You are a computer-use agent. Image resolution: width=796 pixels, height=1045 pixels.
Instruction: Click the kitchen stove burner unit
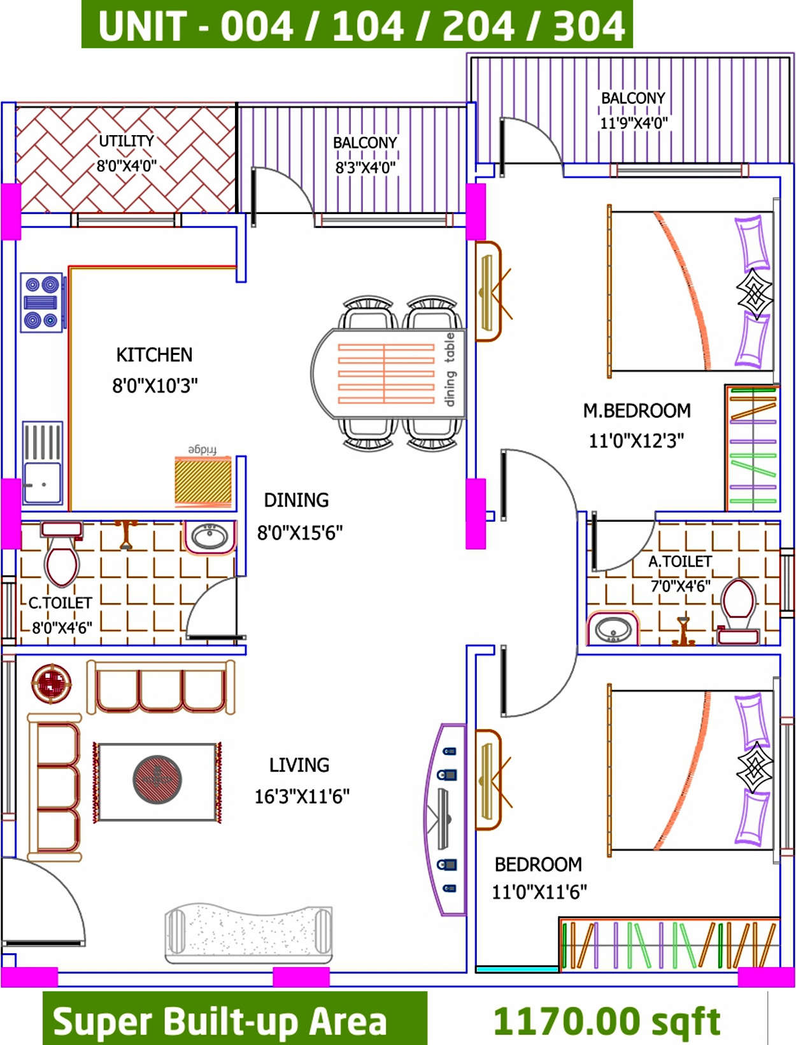pyautogui.click(x=41, y=302)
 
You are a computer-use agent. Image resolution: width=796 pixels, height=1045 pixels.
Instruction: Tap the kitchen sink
pyautogui.click(x=42, y=462)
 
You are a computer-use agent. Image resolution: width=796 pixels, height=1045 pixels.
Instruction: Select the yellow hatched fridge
pyautogui.click(x=203, y=480)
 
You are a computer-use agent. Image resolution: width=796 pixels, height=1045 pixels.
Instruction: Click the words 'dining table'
pyautogui.click(x=450, y=370)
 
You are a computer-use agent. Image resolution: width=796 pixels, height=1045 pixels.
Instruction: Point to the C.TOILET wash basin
pyautogui.click(x=210, y=537)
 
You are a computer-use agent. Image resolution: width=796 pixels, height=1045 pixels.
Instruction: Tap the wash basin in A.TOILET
pyautogui.click(x=613, y=629)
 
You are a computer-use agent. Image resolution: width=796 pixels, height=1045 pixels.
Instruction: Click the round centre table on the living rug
pyautogui.click(x=157, y=779)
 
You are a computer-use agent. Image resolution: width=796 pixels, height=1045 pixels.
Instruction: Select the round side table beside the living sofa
pyautogui.click(x=52, y=684)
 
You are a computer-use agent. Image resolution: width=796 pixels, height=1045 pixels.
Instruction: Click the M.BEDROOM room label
pyautogui.click(x=637, y=411)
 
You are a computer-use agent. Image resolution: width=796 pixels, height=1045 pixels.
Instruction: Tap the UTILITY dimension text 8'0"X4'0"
pyautogui.click(x=127, y=166)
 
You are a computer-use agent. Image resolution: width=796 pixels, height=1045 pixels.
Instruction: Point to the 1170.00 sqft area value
pyautogui.click(x=607, y=1021)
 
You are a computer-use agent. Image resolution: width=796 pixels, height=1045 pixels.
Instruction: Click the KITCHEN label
pyautogui.click(x=154, y=355)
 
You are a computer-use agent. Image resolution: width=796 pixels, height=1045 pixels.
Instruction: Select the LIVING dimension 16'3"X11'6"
pyautogui.click(x=302, y=796)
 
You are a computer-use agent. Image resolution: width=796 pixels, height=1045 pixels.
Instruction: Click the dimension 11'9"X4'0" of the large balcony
pyautogui.click(x=633, y=124)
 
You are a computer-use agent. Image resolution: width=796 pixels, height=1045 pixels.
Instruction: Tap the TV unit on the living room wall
pyautogui.click(x=445, y=820)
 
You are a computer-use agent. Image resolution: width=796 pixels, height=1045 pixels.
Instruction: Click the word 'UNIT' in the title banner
pyautogui.click(x=142, y=27)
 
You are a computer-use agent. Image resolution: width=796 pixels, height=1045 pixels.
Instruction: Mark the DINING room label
pyautogui.click(x=296, y=500)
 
